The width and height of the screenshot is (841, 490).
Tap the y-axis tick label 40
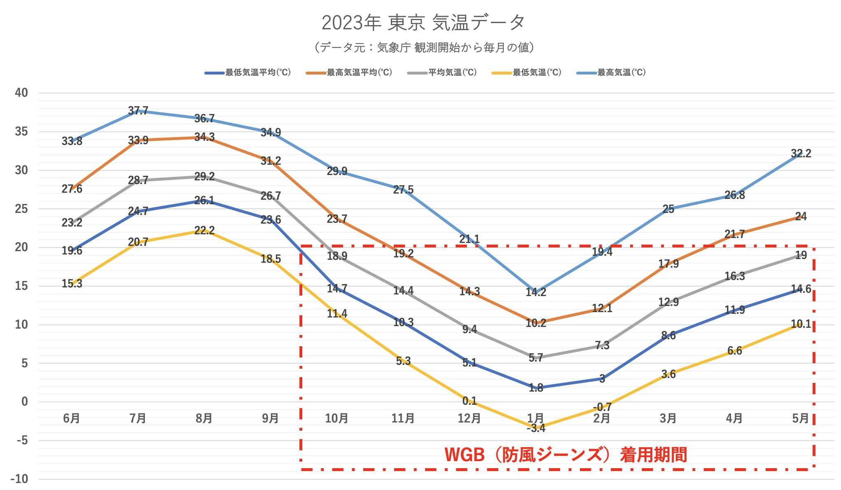tap(21, 93)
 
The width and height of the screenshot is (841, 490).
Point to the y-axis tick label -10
tap(20, 479)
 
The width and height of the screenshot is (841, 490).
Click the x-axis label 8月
tap(204, 418)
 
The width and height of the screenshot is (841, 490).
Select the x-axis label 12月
tap(469, 418)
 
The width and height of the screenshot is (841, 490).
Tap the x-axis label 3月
tap(668, 418)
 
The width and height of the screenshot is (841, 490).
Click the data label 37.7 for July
tap(138, 110)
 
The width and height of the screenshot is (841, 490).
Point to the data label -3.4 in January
tap(536, 428)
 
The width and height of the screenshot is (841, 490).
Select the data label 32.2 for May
tap(801, 154)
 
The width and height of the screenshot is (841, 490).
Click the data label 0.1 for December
tap(469, 401)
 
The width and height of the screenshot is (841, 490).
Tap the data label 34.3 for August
tap(204, 137)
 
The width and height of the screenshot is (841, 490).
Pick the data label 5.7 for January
tap(536, 358)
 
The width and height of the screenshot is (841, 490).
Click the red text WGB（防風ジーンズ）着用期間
tap(566, 455)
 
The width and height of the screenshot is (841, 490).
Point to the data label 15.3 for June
tap(72, 283)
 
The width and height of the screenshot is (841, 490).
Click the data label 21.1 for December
tap(469, 239)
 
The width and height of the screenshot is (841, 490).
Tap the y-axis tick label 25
tap(21, 209)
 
